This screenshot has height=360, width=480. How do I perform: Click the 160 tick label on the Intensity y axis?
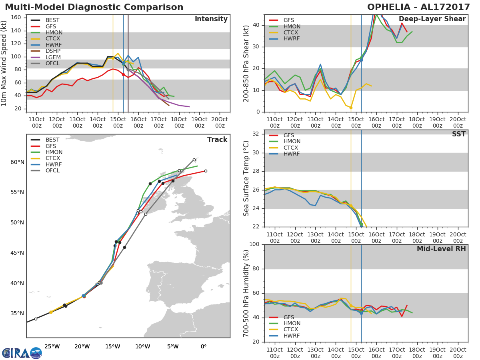coord(16,18)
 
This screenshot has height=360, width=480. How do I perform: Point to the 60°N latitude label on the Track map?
coord(17,162)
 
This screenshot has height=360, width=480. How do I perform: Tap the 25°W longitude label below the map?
coord(52,346)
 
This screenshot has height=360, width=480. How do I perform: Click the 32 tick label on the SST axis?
coord(256,134)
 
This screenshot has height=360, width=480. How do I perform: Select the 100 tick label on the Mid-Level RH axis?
coord(254,244)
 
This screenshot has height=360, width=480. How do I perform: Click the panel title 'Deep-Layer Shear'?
coord(432,19)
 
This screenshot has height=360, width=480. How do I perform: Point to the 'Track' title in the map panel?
coord(217,140)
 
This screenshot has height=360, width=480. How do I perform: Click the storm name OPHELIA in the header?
coord(388,7)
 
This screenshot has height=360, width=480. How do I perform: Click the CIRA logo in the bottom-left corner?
coord(22,353)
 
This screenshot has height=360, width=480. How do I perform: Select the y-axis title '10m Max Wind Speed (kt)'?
coord(4,63)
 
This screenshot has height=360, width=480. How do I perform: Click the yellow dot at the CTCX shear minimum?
coord(351,108)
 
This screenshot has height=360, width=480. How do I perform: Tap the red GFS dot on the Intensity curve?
coord(123,75)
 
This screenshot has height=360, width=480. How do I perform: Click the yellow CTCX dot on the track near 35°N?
coord(51,312)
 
